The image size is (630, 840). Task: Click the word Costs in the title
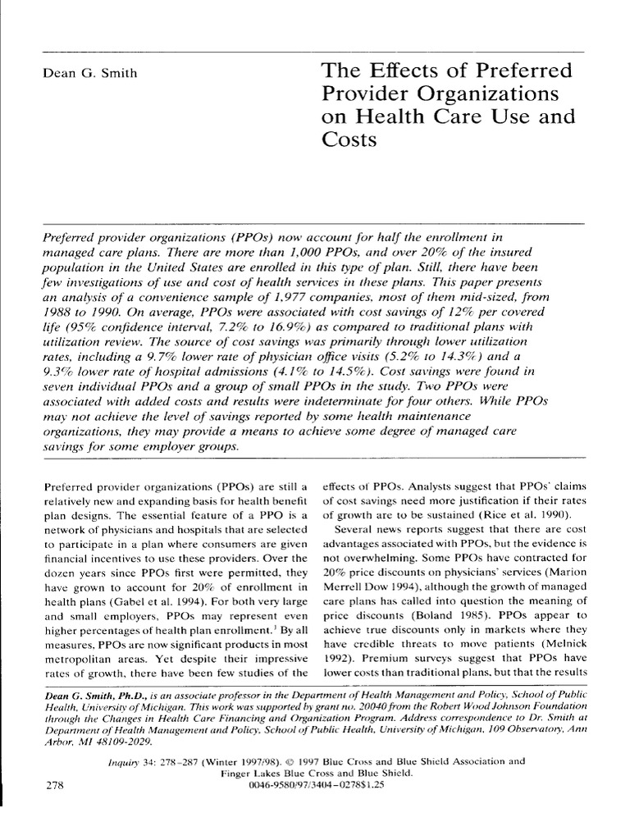[337, 139]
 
